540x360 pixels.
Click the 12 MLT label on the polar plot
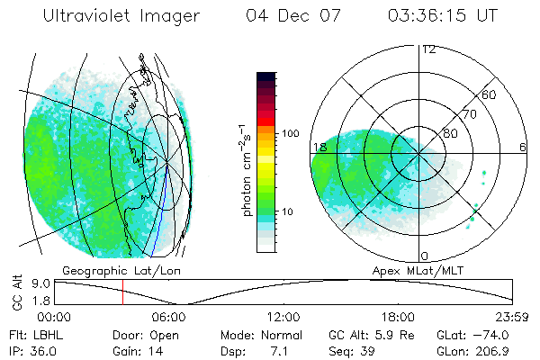tap(429, 49)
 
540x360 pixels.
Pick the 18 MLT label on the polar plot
tap(319, 147)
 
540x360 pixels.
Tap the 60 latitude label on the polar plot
tap(490, 94)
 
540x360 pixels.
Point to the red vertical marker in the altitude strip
tap(122, 292)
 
